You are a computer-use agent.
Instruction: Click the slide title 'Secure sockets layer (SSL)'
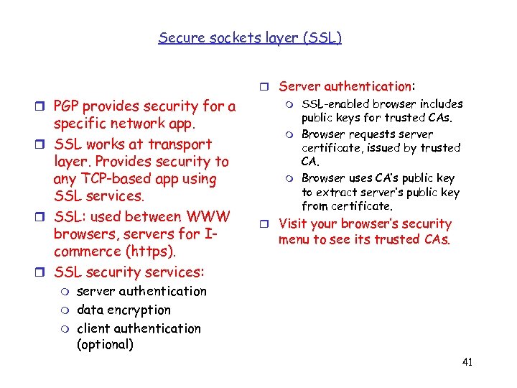coord(250,37)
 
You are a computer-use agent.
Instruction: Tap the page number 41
coord(467,362)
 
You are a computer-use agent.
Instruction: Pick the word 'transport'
coord(180,144)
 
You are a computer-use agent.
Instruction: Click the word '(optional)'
coord(105,344)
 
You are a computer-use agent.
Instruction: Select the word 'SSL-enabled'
coord(333,104)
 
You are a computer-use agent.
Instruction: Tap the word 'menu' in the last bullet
coord(294,239)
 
